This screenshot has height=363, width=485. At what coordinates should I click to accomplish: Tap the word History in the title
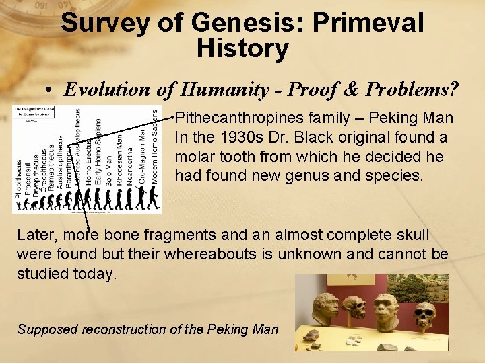(x=243, y=48)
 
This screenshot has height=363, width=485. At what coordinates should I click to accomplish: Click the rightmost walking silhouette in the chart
(x=154, y=198)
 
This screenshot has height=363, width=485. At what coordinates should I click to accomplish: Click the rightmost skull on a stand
(x=424, y=315)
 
